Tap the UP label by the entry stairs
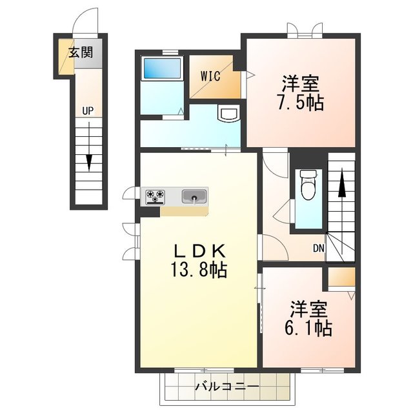[88, 111]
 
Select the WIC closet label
[210, 76]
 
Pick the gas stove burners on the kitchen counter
[156, 196]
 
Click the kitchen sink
[194, 196]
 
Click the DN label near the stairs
[318, 248]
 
